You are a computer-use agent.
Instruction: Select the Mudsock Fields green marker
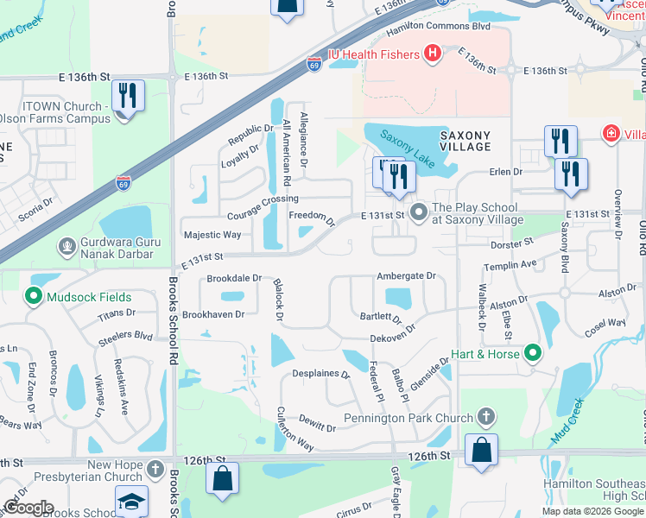tap(35, 297)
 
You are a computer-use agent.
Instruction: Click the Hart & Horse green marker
tap(534, 353)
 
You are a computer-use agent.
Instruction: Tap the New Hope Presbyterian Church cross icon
tap(155, 471)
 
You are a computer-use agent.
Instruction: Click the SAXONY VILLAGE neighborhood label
tap(465, 141)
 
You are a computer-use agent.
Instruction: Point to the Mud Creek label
tap(568, 420)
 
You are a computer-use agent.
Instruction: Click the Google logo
tap(28, 507)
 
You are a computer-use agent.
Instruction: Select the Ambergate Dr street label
tap(406, 276)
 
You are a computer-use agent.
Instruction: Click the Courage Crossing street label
tap(263, 199)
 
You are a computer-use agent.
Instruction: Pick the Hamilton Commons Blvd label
tap(438, 28)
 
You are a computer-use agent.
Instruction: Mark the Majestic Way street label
tap(212, 234)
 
